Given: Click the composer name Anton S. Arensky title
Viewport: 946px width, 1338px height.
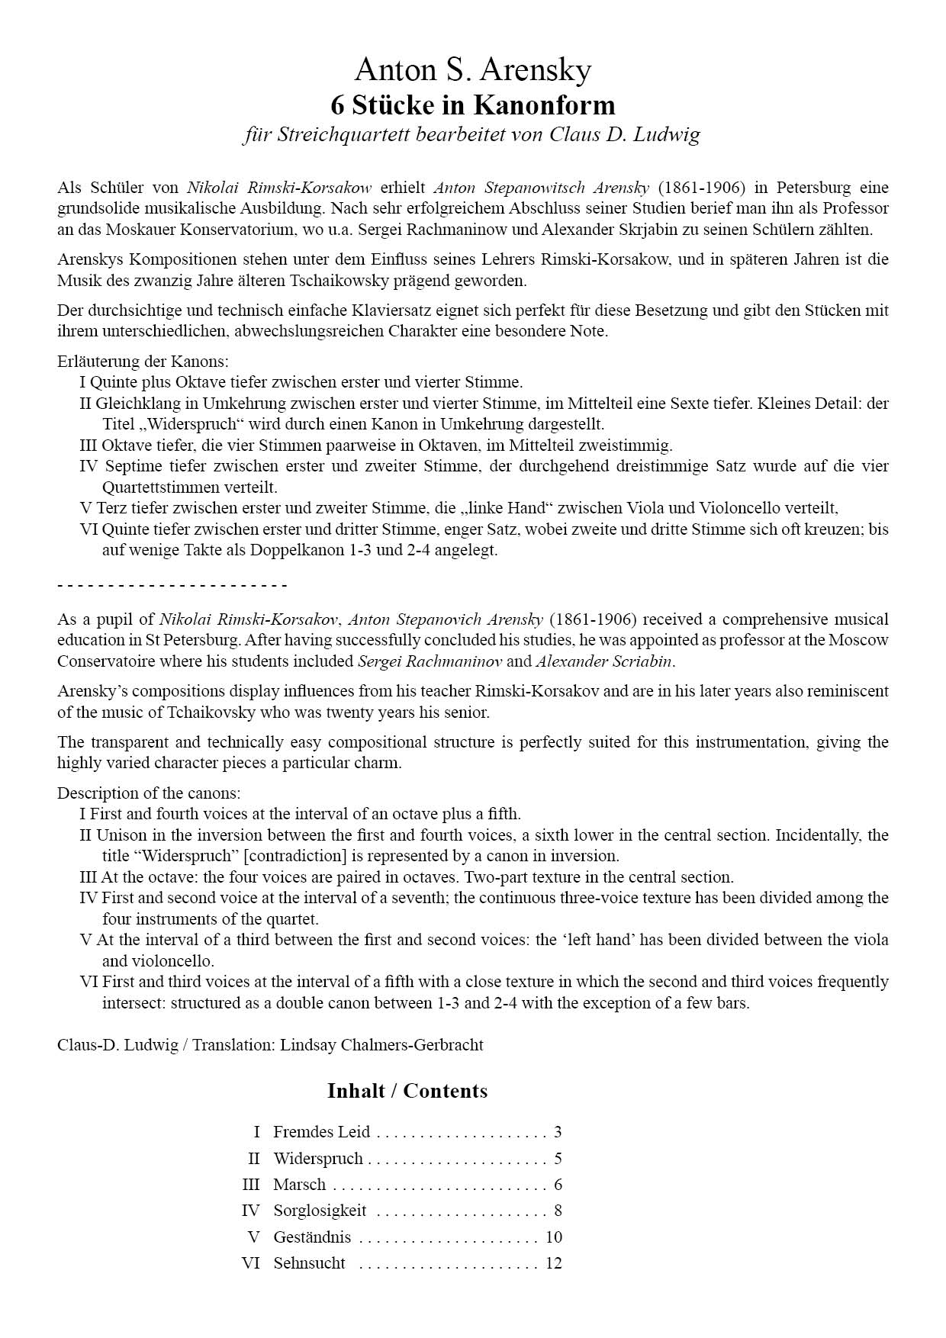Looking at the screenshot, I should point(472,70).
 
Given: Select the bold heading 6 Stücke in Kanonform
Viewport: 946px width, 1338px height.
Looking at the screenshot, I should point(472,105).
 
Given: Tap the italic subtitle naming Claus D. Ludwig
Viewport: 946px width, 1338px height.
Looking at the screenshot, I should point(471,135).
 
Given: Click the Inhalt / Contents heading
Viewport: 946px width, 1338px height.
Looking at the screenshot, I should point(407,1091).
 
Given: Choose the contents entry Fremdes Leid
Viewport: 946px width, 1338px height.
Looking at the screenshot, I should point(321,1132).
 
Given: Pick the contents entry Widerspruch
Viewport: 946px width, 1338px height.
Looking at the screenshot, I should point(318,1159).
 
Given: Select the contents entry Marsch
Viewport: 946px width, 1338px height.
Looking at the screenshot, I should point(299,1185).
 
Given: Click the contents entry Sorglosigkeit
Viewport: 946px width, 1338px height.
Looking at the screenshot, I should point(320,1211).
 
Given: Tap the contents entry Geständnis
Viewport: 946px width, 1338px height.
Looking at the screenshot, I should point(312,1237).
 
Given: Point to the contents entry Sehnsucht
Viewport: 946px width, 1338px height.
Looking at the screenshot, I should point(309,1263).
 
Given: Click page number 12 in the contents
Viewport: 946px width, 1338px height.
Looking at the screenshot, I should point(553,1263).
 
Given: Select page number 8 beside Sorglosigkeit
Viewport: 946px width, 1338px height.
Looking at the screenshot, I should point(558,1211).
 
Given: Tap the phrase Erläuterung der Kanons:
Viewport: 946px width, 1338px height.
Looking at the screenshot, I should point(143,362).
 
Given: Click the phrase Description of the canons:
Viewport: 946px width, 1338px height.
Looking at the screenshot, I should point(149,793).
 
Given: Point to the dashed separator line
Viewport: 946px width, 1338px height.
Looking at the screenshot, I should point(172,586).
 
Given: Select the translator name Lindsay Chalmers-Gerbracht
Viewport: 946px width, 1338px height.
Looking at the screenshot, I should point(381,1045).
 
